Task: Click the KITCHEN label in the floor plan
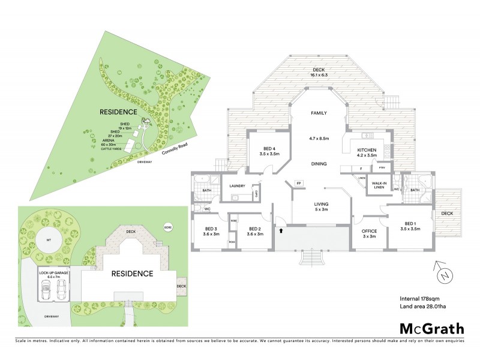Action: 367,150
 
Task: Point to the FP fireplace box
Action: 299,182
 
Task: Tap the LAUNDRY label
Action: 238,185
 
